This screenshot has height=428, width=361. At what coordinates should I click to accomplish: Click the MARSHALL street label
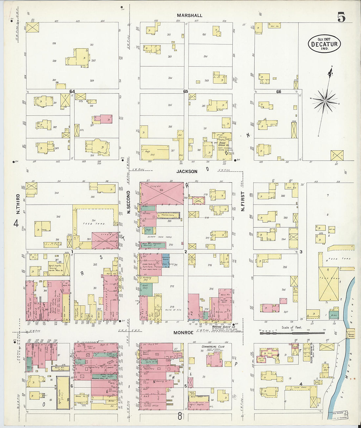pyautogui.click(x=189, y=15)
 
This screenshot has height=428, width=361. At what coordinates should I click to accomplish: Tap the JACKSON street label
pyautogui.click(x=187, y=172)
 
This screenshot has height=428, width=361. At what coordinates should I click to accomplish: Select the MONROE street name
pyautogui.click(x=183, y=333)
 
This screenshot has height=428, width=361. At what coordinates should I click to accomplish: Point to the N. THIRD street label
pyautogui.click(x=18, y=204)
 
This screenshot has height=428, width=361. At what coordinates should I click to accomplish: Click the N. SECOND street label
pyautogui.click(x=129, y=202)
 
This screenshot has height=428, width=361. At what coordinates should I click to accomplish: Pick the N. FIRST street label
pyautogui.click(x=243, y=201)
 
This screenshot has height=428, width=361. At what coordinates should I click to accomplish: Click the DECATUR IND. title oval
pyautogui.click(x=324, y=44)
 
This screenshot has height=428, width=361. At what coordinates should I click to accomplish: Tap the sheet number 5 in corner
pyautogui.click(x=341, y=17)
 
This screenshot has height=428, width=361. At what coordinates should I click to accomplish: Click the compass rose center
pyautogui.click(x=325, y=101)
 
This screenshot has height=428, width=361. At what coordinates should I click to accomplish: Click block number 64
pyautogui.click(x=72, y=92)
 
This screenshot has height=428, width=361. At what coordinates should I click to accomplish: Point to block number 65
pyautogui.click(x=186, y=92)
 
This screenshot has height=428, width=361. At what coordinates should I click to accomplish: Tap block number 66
pyautogui.click(x=279, y=92)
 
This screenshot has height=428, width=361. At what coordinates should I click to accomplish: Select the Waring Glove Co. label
pyautogui.click(x=223, y=327)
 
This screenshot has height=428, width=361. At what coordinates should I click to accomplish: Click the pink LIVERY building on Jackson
pyautogui.click(x=161, y=194)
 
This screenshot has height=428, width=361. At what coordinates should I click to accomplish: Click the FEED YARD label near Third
pyautogui.click(x=94, y=224)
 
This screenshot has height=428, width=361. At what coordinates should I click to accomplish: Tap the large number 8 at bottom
pyautogui.click(x=180, y=417)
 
